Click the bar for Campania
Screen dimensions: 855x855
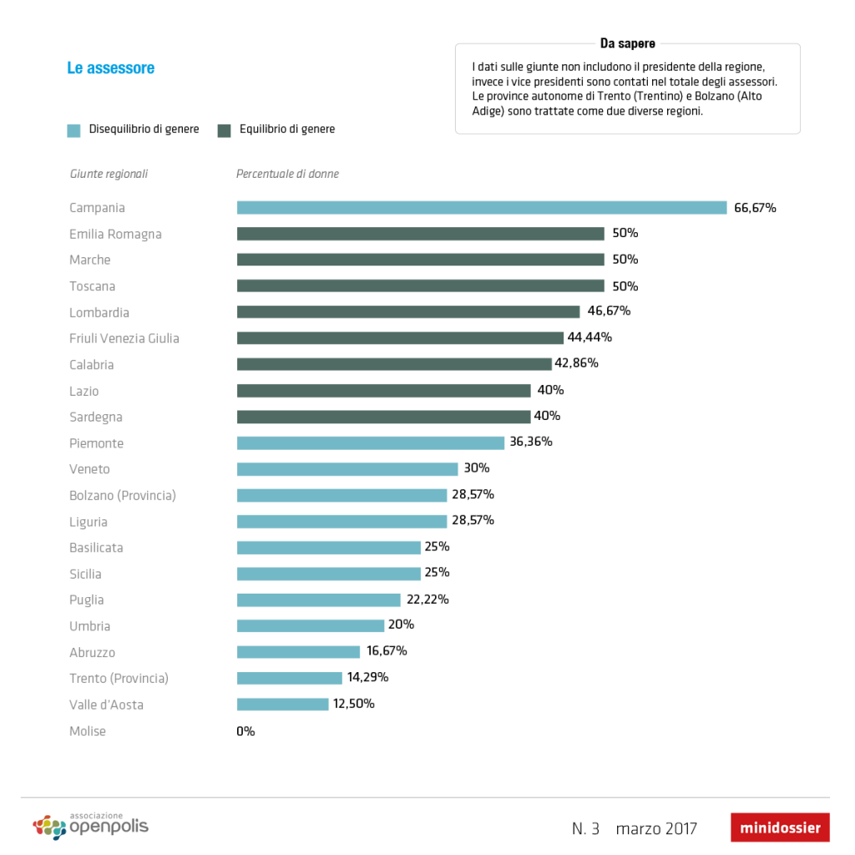(482, 208)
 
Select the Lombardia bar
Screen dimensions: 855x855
(408, 311)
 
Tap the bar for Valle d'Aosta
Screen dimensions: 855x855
(283, 704)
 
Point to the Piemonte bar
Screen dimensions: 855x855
(371, 443)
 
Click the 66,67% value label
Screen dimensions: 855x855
(755, 208)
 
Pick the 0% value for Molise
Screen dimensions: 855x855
(245, 731)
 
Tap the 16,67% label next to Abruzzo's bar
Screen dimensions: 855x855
(387, 651)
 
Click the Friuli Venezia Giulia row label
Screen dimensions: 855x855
(124, 338)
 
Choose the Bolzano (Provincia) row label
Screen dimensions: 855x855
(123, 495)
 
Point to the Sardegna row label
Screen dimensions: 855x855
(96, 417)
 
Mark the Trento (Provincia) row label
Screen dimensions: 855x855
(119, 678)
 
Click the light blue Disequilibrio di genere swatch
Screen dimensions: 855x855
(74, 130)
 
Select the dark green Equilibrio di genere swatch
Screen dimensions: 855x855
(224, 130)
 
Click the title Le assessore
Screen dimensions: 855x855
(111, 68)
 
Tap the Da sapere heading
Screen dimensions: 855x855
(627, 43)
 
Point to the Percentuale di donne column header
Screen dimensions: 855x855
(287, 174)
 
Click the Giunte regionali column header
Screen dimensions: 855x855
(109, 174)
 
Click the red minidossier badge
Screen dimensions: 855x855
(780, 828)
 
